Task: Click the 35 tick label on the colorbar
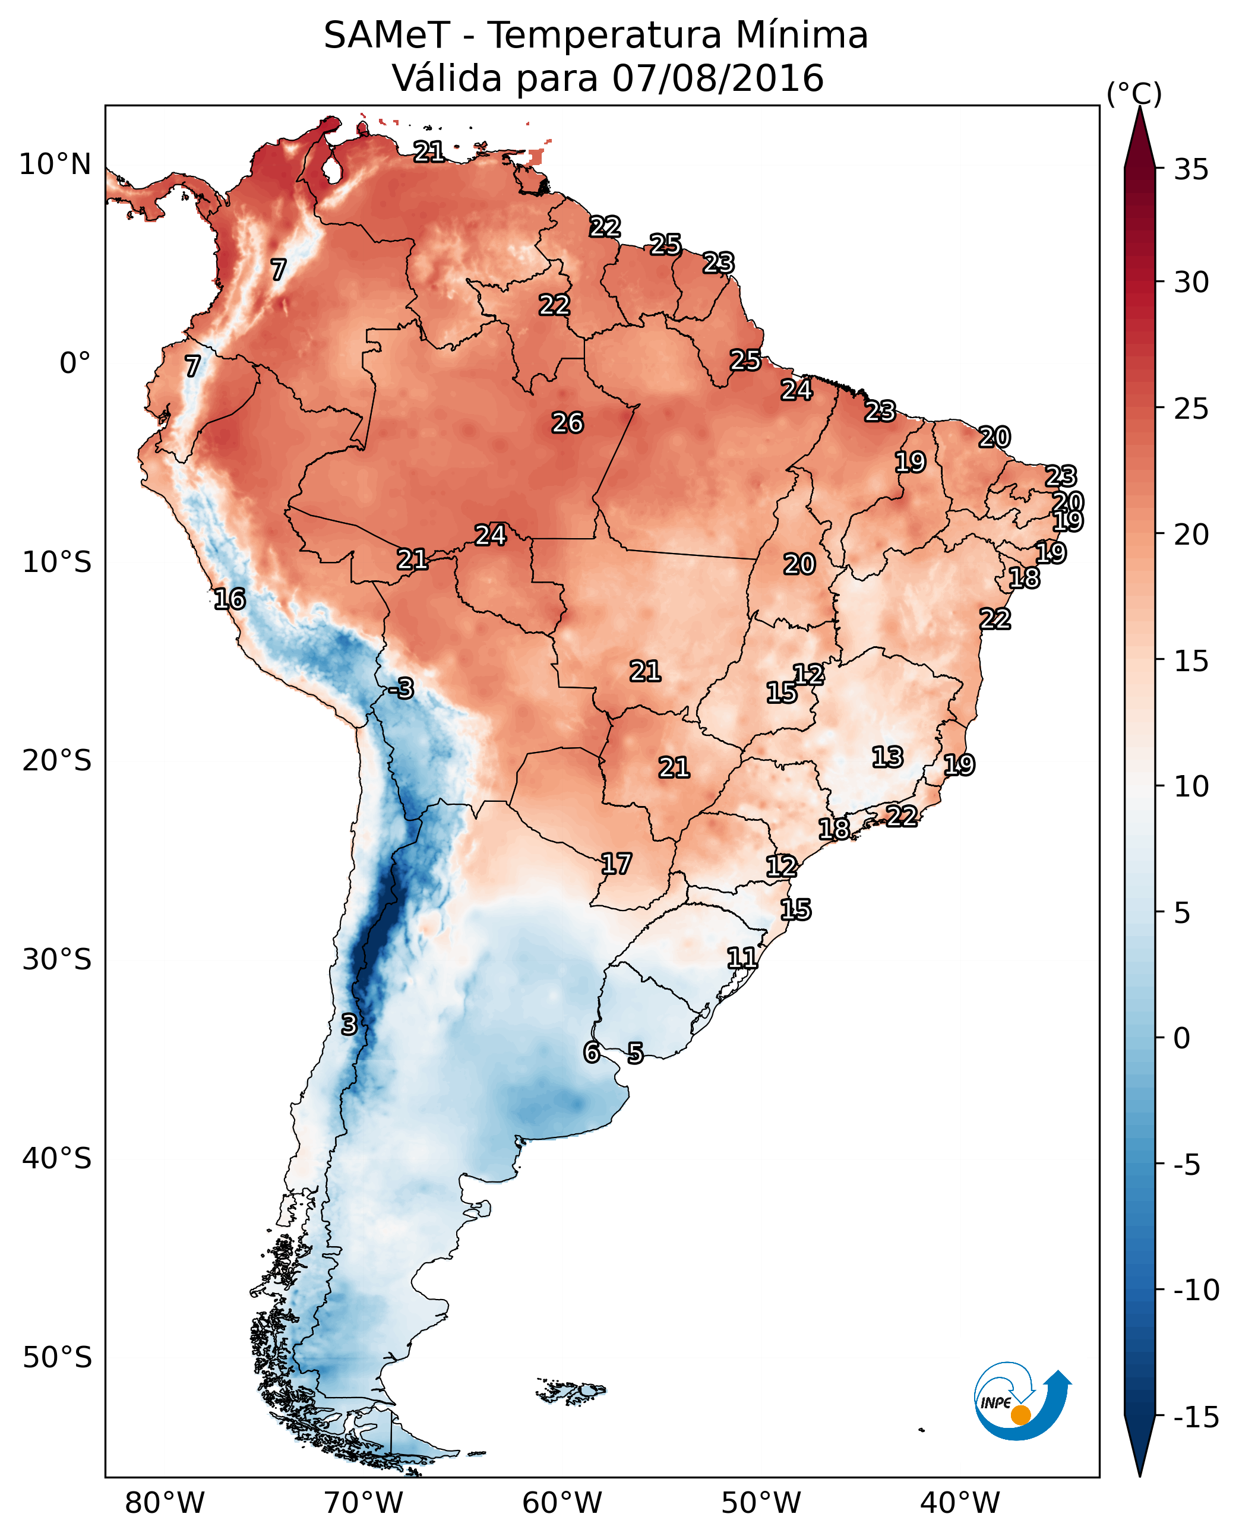click(1191, 170)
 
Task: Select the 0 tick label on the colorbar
click(1182, 1038)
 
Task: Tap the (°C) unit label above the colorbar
click(1134, 93)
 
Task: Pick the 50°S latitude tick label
click(57, 1357)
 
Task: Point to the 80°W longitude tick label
click(165, 1503)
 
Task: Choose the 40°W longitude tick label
click(960, 1503)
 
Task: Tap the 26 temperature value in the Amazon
click(568, 423)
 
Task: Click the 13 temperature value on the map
click(888, 757)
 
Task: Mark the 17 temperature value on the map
click(616, 864)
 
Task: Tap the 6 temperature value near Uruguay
click(592, 1053)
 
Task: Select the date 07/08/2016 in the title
click(718, 78)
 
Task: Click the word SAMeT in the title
click(386, 36)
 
